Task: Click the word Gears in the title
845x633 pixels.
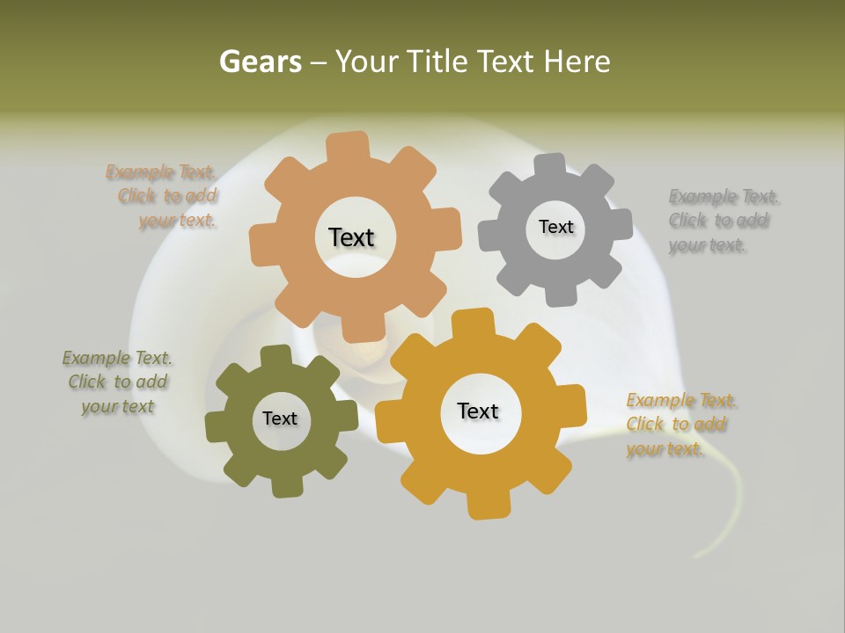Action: (x=260, y=62)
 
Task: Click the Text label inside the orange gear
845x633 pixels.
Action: (x=351, y=237)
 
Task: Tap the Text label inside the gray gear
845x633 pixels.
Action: (x=555, y=227)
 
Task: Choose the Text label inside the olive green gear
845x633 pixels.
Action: (x=280, y=418)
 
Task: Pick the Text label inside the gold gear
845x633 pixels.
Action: (x=478, y=411)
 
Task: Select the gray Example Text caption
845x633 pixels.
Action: (x=719, y=220)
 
